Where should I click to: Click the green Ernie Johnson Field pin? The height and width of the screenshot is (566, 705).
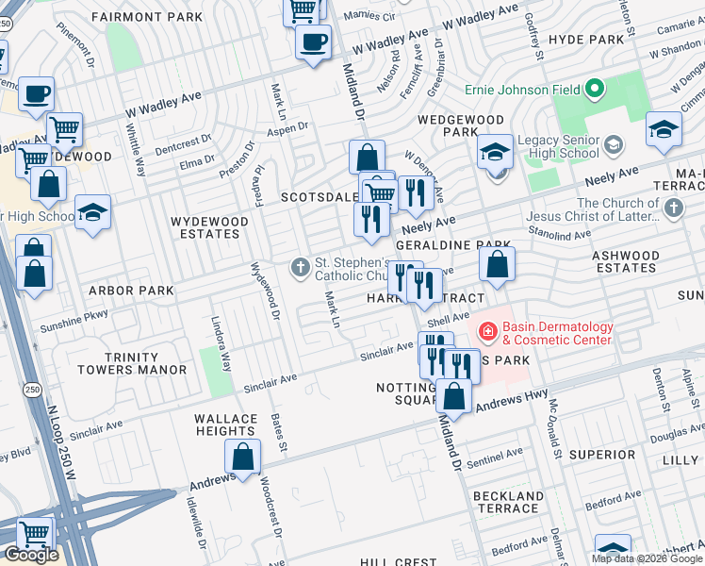coord(594,91)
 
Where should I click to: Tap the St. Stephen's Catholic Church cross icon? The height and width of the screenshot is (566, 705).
coord(301,268)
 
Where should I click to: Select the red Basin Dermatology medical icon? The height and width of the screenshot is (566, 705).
coord(487,331)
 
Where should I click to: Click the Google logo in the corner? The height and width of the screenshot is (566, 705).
coord(31,555)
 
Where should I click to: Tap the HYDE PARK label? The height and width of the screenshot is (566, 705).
coord(585,40)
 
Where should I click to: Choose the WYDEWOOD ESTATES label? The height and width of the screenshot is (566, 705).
coord(208,227)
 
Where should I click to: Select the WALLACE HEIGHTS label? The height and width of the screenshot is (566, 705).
coord(225,424)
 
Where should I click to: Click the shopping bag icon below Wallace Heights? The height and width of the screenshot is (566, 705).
coord(242,458)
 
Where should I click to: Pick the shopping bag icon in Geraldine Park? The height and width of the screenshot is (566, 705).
coord(497,265)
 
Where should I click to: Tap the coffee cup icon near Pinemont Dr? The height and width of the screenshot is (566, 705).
coord(36,93)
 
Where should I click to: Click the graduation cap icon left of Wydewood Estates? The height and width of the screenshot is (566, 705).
coord(92,213)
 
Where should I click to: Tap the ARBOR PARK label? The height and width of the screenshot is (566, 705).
coord(132,291)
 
